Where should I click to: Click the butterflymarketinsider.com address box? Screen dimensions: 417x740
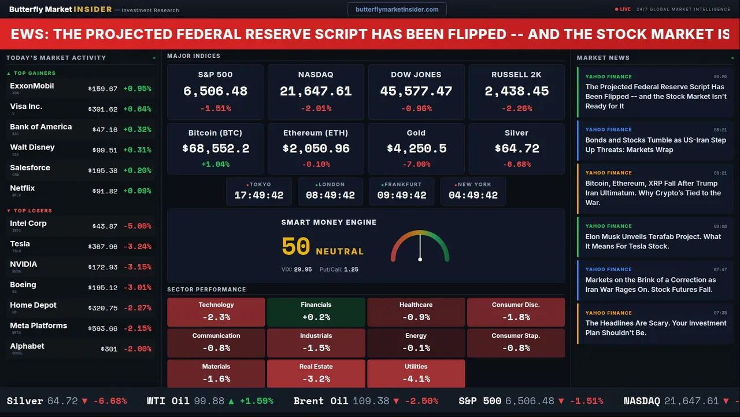[397, 9]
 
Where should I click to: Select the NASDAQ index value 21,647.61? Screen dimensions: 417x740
[316, 92]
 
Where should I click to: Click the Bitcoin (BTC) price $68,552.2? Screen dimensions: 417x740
[216, 149]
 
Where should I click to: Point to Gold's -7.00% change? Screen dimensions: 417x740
[416, 164]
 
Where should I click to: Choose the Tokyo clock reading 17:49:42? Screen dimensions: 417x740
[259, 195]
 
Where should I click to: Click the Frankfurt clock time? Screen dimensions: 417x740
[402, 195]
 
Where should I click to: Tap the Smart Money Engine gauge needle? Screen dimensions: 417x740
[420, 248]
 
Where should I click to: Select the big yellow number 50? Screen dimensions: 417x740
[296, 247]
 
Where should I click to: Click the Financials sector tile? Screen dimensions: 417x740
[316, 312]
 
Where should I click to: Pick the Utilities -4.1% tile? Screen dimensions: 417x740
[416, 374]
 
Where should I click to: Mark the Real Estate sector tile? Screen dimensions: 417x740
[316, 374]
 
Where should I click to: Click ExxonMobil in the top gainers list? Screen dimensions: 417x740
[32, 86]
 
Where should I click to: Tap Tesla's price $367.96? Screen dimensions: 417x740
[103, 247]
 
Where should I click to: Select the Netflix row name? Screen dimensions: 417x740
[23, 188]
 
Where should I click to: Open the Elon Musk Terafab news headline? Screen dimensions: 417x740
[653, 241]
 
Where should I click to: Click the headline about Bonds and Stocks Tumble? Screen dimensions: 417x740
[655, 145]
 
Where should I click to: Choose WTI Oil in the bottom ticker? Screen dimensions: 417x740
[168, 401]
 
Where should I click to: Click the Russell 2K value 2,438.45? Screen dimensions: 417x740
[516, 92]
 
